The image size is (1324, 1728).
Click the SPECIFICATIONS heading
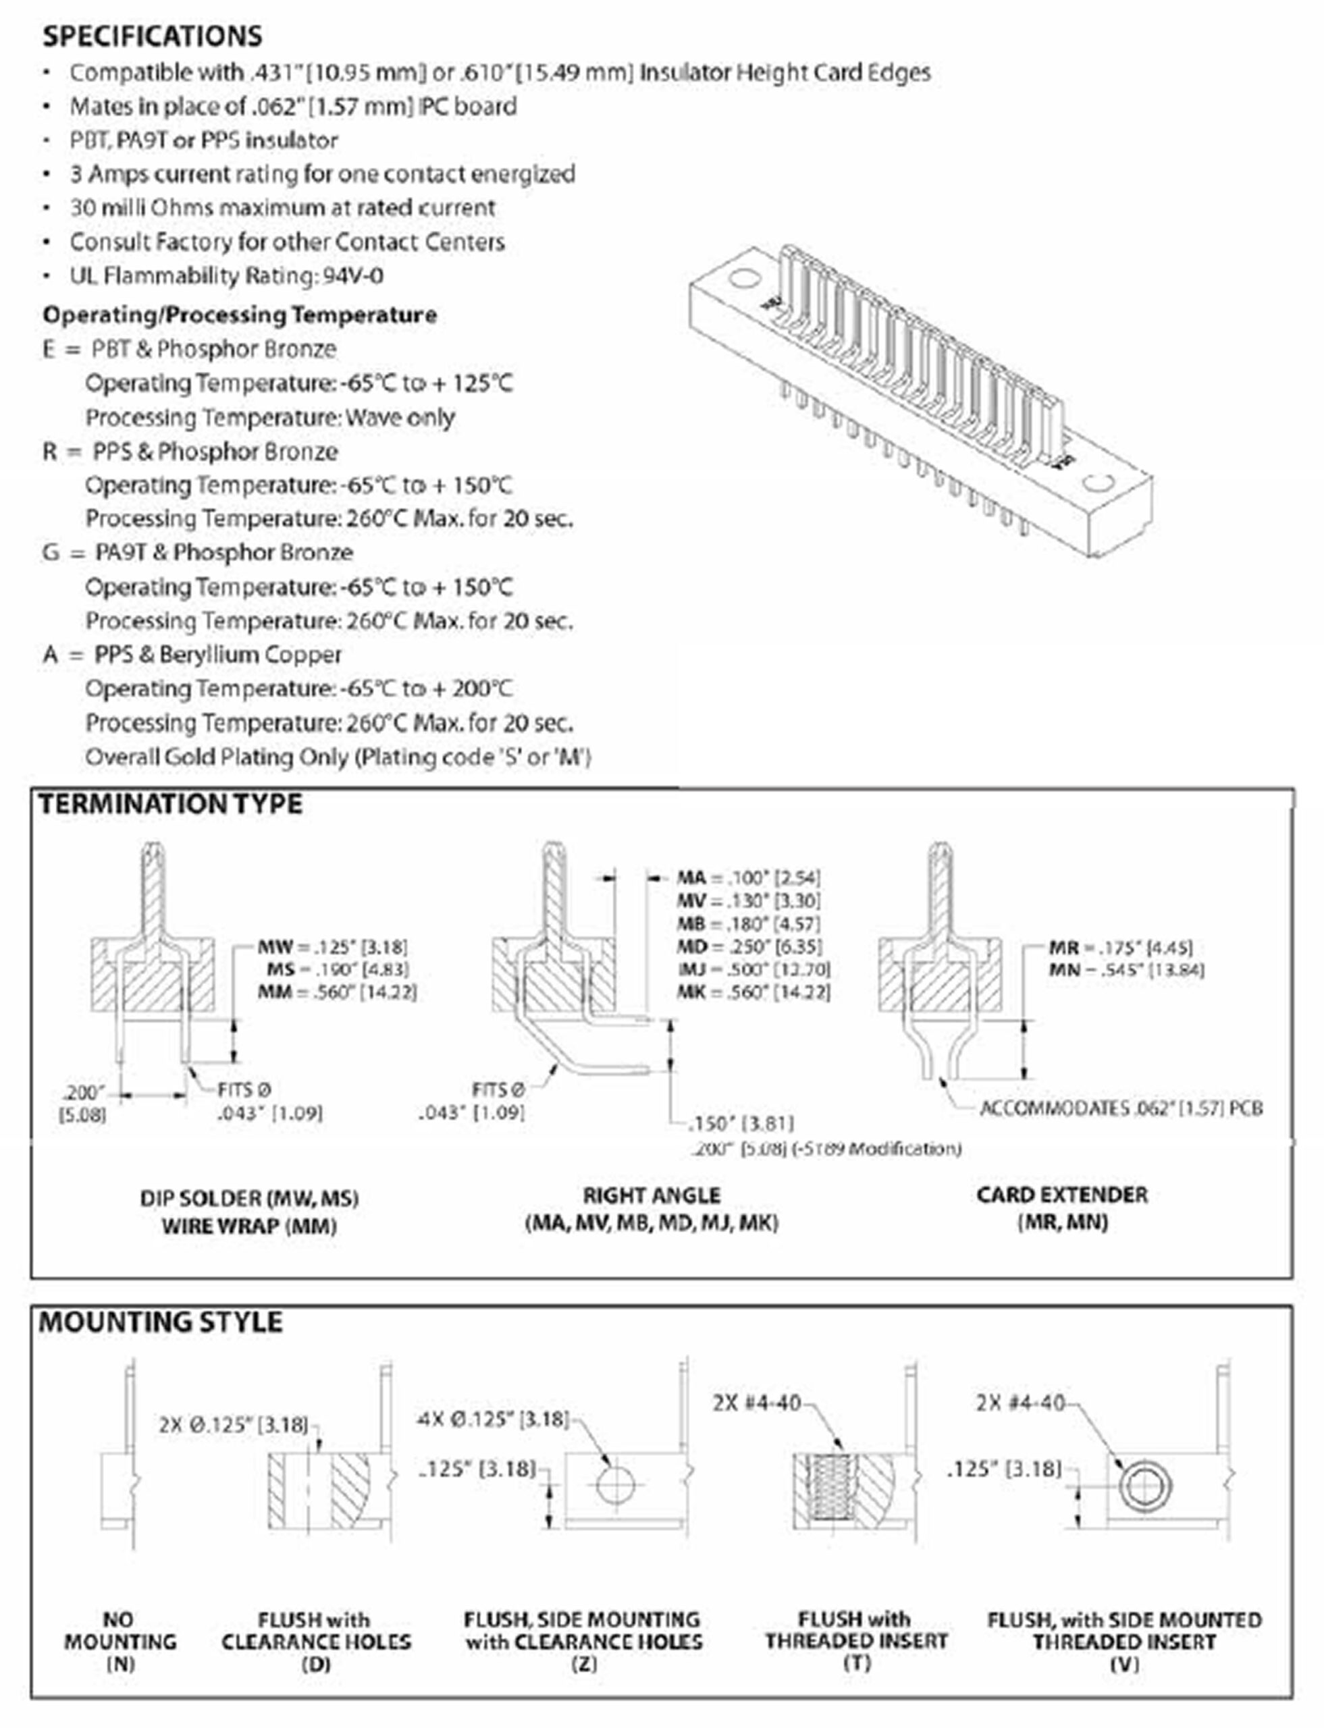(152, 36)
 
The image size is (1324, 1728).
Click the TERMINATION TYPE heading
(170, 805)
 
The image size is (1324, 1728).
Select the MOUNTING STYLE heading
(161, 1322)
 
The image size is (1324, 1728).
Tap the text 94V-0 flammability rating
(353, 276)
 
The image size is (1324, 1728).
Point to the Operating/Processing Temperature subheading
(240, 315)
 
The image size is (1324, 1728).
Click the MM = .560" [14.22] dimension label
(338, 992)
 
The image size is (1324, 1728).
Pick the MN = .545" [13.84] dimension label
(1126, 970)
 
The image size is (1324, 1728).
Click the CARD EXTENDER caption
(1061, 1195)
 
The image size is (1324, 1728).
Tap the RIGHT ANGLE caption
(652, 1196)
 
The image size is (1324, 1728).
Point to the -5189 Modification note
(826, 1150)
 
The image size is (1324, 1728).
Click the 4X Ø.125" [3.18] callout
(493, 1419)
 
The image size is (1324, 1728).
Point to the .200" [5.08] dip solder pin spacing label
(83, 1103)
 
